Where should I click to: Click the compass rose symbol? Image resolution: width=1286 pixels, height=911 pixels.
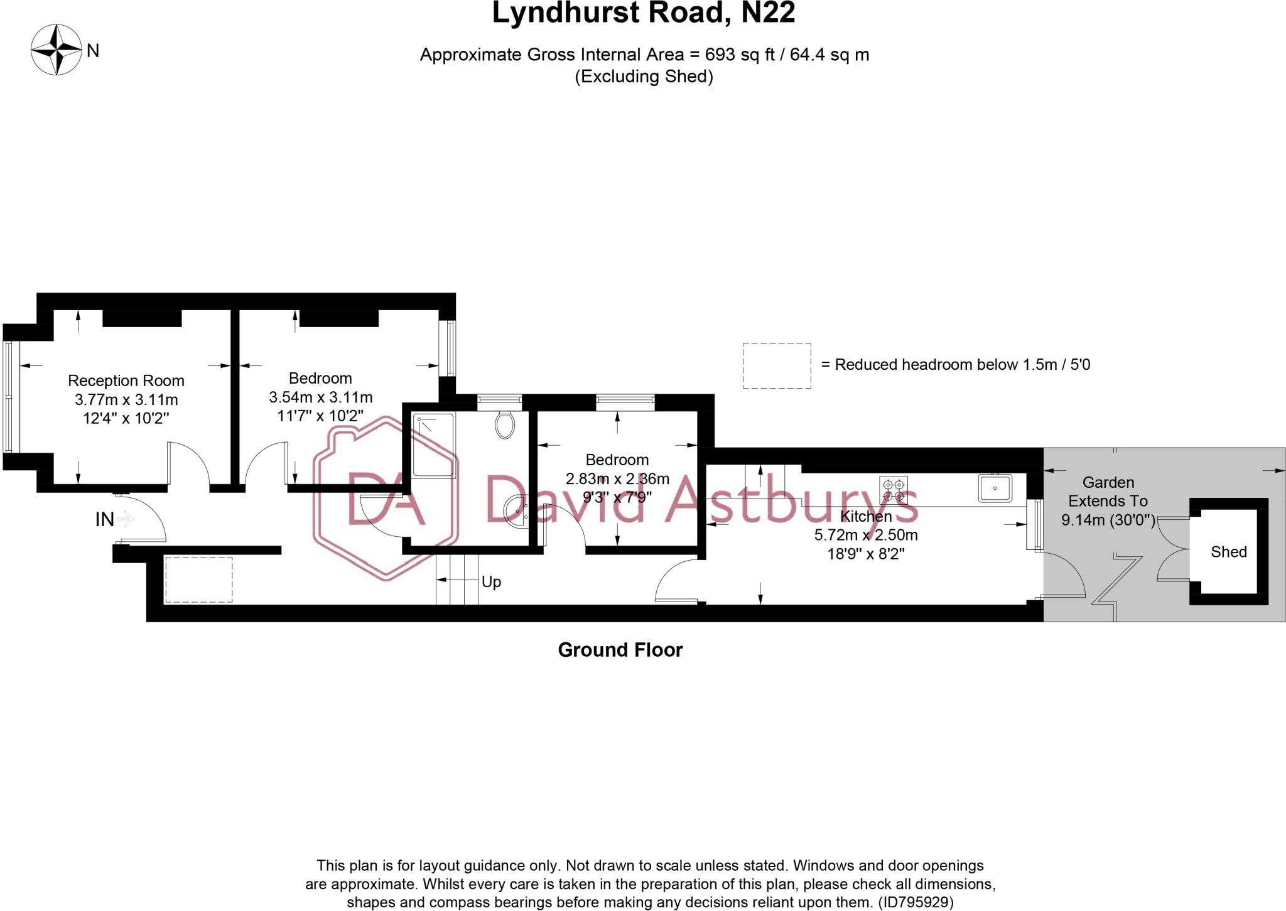click(x=57, y=50)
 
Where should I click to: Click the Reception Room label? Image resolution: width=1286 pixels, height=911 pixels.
click(x=126, y=380)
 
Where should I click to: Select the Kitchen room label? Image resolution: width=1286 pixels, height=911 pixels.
click(x=866, y=516)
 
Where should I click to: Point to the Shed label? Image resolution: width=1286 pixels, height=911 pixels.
click(x=1228, y=552)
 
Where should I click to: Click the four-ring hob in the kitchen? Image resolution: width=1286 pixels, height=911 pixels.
click(x=893, y=490)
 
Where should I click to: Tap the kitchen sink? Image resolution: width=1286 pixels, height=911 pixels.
click(x=995, y=488)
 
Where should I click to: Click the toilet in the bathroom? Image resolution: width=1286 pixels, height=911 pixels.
click(x=504, y=425)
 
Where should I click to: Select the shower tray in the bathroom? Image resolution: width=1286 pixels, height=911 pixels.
click(x=433, y=445)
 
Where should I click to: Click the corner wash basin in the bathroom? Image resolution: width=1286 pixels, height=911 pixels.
click(x=516, y=510)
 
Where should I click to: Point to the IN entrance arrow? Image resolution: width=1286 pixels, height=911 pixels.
click(x=125, y=519)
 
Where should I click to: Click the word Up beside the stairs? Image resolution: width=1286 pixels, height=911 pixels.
click(x=491, y=582)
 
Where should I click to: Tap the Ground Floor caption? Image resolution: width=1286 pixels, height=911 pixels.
click(x=620, y=650)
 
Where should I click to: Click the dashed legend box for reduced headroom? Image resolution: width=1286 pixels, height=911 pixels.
click(x=777, y=365)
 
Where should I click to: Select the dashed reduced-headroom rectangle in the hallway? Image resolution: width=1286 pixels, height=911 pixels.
click(x=198, y=579)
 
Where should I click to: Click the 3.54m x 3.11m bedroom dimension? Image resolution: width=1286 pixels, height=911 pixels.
click(x=321, y=397)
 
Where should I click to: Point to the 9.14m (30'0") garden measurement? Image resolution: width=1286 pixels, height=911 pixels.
click(x=1108, y=520)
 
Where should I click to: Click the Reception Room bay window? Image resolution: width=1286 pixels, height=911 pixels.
click(x=9, y=396)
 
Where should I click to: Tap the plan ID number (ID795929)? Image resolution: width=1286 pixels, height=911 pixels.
click(x=916, y=902)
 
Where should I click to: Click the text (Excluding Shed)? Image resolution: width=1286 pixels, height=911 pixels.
click(x=644, y=77)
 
